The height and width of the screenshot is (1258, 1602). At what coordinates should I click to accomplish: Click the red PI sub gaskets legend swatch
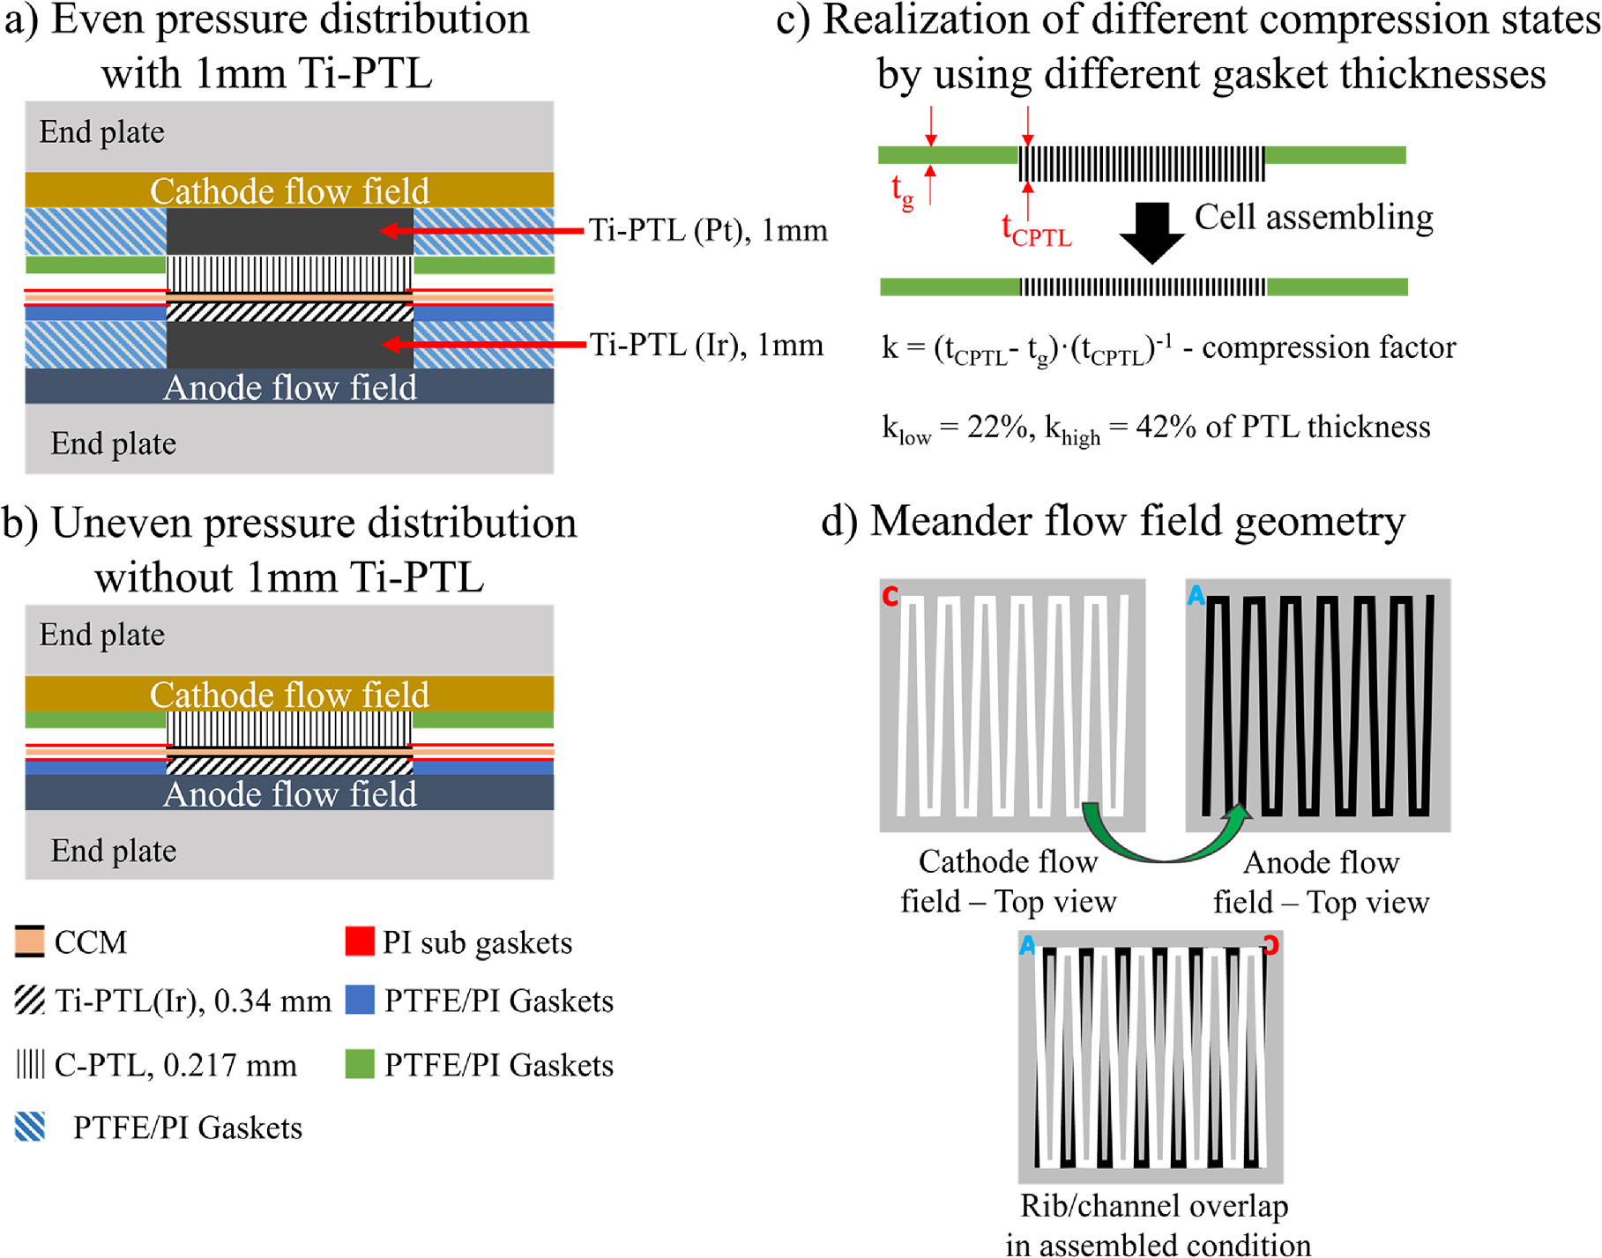point(360,941)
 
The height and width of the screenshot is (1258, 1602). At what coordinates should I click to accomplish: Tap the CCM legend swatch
point(30,942)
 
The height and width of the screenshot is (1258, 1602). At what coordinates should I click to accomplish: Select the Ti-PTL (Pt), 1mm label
point(708,230)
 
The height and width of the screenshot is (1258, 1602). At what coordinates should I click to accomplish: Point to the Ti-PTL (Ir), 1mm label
point(706,345)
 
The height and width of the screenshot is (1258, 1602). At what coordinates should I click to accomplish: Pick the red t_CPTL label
point(1036,230)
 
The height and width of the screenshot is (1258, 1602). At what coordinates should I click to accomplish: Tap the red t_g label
point(902,190)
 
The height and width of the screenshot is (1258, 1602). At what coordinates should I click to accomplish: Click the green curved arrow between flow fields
point(1164,837)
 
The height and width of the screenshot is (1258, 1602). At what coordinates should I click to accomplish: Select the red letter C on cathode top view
point(890,597)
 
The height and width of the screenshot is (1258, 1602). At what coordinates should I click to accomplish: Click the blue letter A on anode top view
point(1196,596)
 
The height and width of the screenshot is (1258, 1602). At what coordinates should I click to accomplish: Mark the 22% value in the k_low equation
point(997,427)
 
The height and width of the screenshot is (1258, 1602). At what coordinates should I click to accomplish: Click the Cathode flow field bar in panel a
point(289,190)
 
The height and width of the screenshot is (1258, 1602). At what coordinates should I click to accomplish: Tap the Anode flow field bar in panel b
point(289,793)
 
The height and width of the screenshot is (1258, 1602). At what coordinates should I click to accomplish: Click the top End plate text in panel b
point(102,635)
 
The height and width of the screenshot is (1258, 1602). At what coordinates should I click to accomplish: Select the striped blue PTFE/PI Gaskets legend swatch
point(30,1127)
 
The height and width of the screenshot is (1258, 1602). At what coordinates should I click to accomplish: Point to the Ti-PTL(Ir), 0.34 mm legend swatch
point(30,1001)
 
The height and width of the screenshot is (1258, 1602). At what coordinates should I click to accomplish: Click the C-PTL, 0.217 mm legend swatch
point(30,1064)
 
